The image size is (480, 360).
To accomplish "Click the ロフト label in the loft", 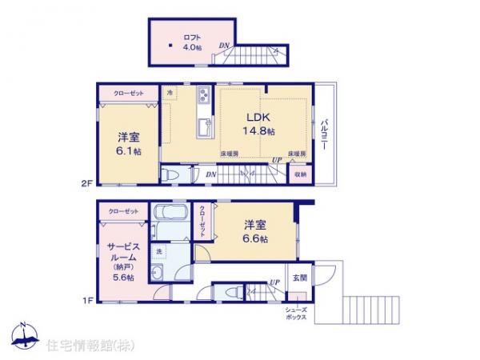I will pyautogui.click(x=191, y=36).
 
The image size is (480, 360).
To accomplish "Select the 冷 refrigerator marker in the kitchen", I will pyautogui.click(x=170, y=94).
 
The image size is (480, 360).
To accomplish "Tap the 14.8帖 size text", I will pyautogui.click(x=259, y=131).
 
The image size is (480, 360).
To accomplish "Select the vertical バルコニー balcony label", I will pyautogui.click(x=325, y=131).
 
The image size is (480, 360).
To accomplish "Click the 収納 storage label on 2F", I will pyautogui.click(x=299, y=173).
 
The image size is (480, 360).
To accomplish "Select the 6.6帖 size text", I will pyautogui.click(x=255, y=238).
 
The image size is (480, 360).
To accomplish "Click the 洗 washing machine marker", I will pyautogui.click(x=158, y=253).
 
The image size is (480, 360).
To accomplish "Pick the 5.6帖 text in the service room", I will pyautogui.click(x=123, y=277).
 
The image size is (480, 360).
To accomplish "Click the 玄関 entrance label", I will pyautogui.click(x=299, y=278).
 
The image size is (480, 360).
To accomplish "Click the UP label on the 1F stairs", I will pyautogui.click(x=274, y=282).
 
